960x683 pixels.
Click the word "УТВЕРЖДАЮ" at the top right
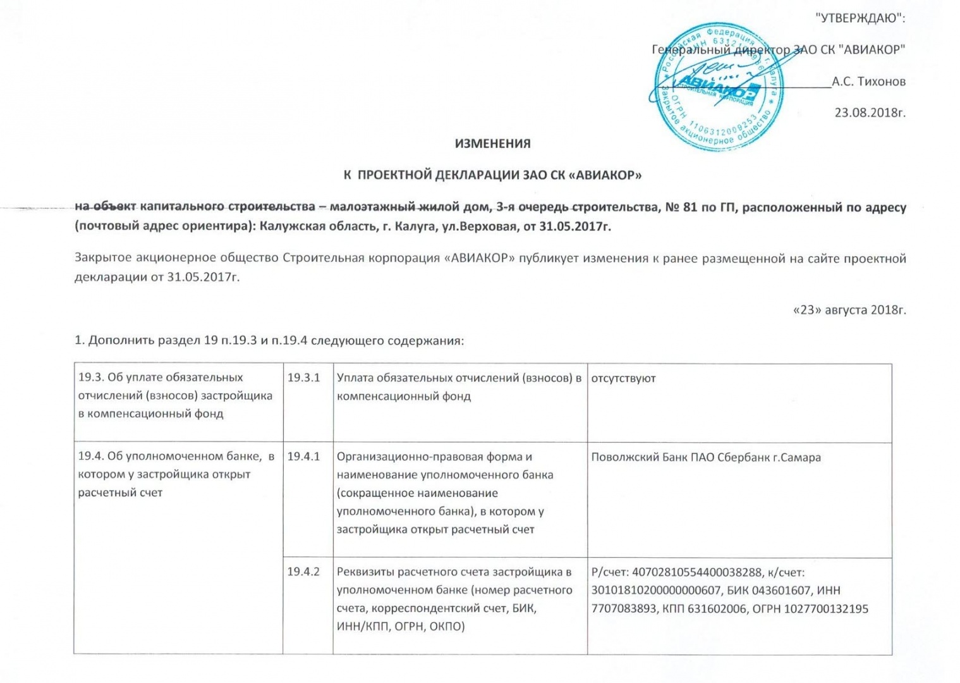860,18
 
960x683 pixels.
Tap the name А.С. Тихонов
868,82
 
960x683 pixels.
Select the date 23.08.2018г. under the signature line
870,113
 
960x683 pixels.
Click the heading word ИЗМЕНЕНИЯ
493,144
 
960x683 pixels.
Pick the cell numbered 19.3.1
304,378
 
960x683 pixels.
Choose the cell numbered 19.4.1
304,457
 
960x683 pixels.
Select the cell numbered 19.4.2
304,572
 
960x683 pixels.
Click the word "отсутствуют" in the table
623,378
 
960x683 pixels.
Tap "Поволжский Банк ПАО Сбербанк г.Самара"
706,457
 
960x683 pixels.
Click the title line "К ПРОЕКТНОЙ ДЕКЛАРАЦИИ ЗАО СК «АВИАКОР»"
492,175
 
